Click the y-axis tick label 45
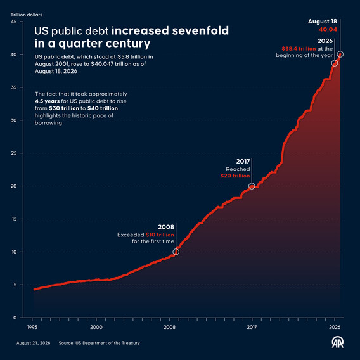tap(14, 22)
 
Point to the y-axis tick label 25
tap(14, 153)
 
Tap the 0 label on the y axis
tap(15, 318)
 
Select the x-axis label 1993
tap(32, 327)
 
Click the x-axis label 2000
tap(96, 327)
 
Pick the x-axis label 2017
tap(252, 327)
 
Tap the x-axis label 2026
tap(335, 327)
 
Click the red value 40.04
tap(328, 29)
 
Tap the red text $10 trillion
tap(160, 235)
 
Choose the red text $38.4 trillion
tap(299, 49)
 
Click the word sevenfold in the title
tap(200, 30)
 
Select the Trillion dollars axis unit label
tap(27, 15)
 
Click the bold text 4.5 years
tap(48, 101)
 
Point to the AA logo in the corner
tap(338, 342)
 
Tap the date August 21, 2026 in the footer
tap(34, 343)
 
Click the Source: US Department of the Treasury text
tap(99, 343)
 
